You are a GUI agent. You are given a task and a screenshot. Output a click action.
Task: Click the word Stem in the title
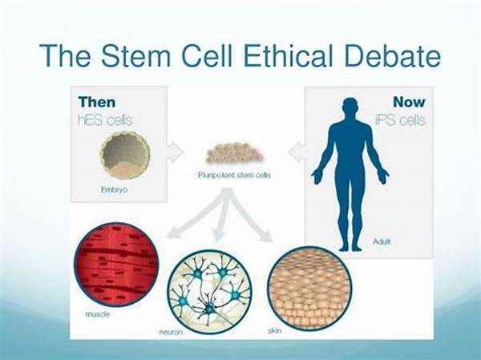(x=136, y=55)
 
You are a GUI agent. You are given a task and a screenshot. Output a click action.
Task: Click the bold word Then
(x=97, y=102)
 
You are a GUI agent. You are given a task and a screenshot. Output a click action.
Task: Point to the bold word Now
(x=409, y=102)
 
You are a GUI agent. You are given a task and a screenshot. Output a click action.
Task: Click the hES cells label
(x=105, y=119)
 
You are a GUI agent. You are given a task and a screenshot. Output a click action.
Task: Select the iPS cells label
(x=400, y=119)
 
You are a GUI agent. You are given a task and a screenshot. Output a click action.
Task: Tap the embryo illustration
(x=125, y=155)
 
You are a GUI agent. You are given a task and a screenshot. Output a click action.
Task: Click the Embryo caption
(x=114, y=190)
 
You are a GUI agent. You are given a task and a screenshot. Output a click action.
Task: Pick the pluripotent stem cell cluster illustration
(x=235, y=153)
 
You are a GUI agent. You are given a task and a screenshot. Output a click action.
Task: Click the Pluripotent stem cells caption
(x=235, y=176)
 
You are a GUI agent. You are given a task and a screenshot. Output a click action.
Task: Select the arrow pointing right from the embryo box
(x=175, y=152)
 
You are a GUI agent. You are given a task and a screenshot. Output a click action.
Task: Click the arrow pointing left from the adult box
(x=297, y=152)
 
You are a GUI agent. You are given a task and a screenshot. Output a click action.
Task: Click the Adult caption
(x=382, y=241)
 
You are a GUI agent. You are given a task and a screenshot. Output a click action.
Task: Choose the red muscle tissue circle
(x=116, y=265)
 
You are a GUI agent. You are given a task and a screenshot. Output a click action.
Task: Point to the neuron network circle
(x=211, y=291)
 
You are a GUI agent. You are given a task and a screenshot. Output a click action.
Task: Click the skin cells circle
(x=309, y=288)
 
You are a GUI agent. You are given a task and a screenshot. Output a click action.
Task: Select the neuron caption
(x=171, y=332)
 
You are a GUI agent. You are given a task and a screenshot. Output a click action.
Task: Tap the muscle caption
(x=97, y=314)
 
